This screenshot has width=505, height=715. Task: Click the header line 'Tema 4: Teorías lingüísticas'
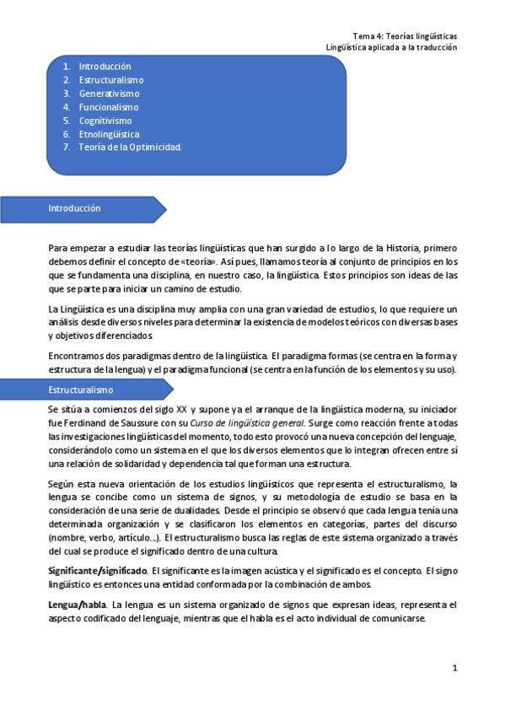click(x=404, y=36)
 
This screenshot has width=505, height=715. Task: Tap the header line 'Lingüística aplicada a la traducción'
click(x=391, y=47)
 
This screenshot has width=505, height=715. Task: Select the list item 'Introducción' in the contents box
click(x=105, y=67)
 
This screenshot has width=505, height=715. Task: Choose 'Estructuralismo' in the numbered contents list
click(x=110, y=80)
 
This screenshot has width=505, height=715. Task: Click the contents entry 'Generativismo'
click(x=109, y=94)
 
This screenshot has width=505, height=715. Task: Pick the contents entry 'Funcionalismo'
click(x=109, y=107)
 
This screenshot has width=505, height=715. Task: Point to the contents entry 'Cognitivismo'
click(x=105, y=121)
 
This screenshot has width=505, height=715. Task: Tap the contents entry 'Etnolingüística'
click(x=109, y=134)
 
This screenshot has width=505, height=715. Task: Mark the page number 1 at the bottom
click(x=454, y=668)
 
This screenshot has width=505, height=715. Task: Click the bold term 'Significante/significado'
click(x=98, y=573)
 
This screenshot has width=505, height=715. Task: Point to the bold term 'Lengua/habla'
click(x=78, y=605)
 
